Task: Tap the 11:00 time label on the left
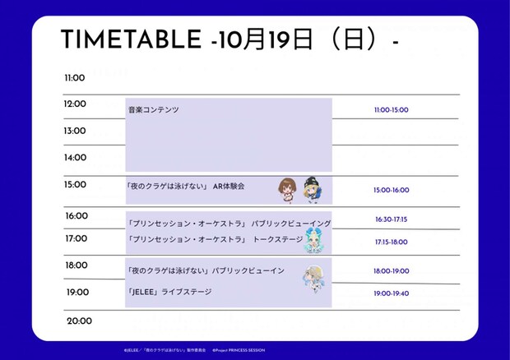coord(75,78)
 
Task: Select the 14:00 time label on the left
coord(75,157)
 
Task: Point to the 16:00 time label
coord(76,216)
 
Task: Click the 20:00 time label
coord(79,321)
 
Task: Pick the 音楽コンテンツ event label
coord(153,109)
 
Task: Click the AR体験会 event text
coord(229,187)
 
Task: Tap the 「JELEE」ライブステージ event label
coord(169,292)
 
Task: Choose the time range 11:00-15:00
coord(391,110)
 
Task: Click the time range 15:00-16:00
coord(391,190)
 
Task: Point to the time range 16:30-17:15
coord(391,219)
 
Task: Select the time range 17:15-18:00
coord(391,242)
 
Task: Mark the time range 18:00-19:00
coord(391,270)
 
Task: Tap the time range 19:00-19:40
coord(391,293)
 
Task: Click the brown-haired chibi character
coord(287,189)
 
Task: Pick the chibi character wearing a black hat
coord(311,188)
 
